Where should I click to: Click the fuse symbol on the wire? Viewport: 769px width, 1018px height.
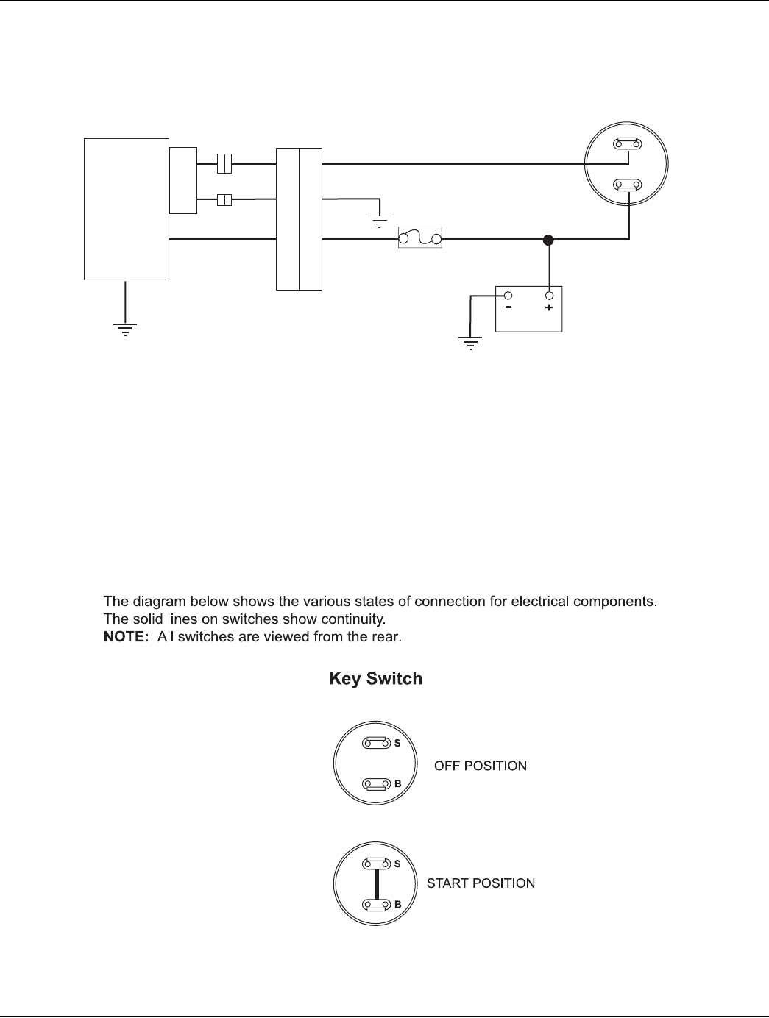click(x=419, y=238)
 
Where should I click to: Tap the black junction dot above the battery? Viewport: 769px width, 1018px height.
click(x=548, y=239)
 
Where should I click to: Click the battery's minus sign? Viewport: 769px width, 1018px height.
click(x=508, y=308)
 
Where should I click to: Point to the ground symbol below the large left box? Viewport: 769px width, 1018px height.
click(x=126, y=329)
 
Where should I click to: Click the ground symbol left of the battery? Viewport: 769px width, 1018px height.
click(x=470, y=342)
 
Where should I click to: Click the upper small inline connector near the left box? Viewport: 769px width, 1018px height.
click(x=224, y=163)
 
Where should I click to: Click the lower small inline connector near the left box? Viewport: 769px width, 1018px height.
click(x=224, y=199)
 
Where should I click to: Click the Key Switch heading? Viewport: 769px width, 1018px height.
click(x=375, y=678)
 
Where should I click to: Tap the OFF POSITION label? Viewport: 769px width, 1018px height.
click(x=481, y=766)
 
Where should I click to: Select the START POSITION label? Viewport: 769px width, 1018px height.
click(x=481, y=883)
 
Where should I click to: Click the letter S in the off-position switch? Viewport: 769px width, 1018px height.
click(x=397, y=744)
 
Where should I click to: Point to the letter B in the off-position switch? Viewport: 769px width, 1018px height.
click(x=397, y=784)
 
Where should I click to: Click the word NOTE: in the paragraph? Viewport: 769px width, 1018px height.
click(x=126, y=637)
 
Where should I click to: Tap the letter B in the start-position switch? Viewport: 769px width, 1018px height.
click(x=397, y=905)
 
